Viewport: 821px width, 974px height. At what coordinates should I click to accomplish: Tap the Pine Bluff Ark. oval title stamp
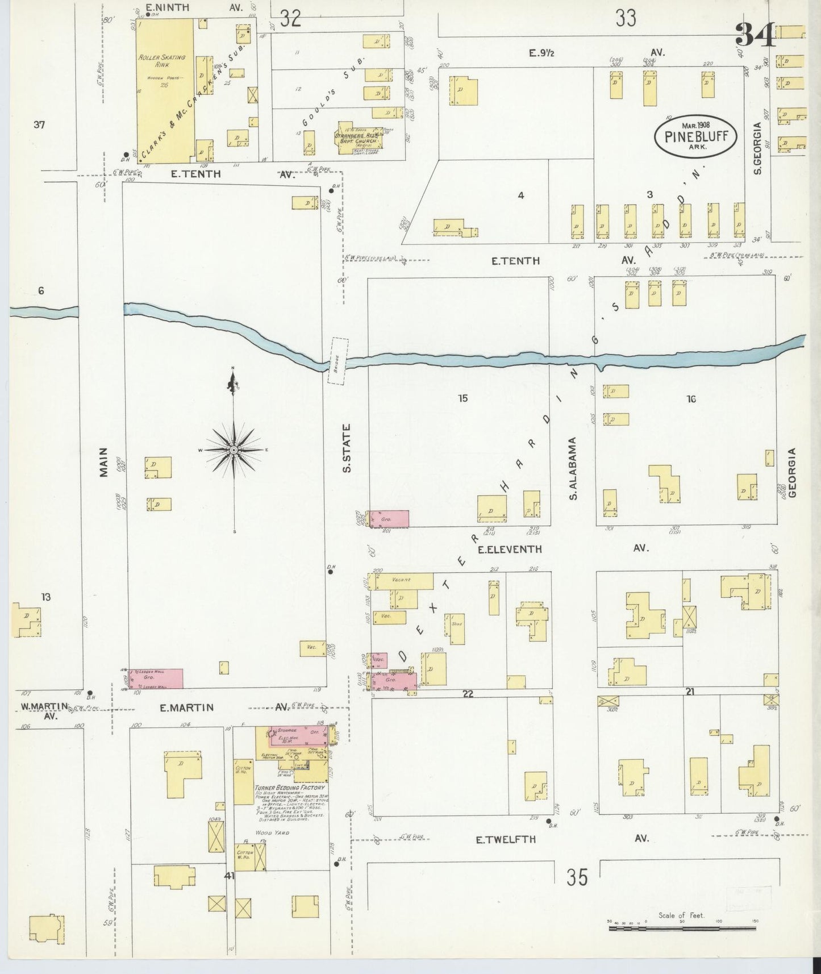click(x=695, y=136)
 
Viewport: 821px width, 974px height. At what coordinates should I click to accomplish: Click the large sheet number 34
click(x=755, y=35)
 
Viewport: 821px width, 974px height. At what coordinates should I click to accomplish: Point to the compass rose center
click(x=234, y=449)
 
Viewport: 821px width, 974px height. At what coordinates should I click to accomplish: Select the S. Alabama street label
click(x=573, y=469)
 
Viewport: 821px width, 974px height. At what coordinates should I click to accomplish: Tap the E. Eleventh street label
click(x=509, y=549)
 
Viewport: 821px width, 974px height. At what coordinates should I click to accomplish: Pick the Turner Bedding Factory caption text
click(x=290, y=788)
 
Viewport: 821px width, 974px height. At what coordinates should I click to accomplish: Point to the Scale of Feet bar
click(x=682, y=928)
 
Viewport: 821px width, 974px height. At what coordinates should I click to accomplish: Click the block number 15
click(x=463, y=398)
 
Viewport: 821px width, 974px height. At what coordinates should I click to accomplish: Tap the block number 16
click(x=691, y=399)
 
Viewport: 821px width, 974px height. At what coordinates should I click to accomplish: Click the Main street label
click(x=104, y=461)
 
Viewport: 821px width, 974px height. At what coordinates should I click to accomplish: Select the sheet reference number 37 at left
click(x=39, y=125)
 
